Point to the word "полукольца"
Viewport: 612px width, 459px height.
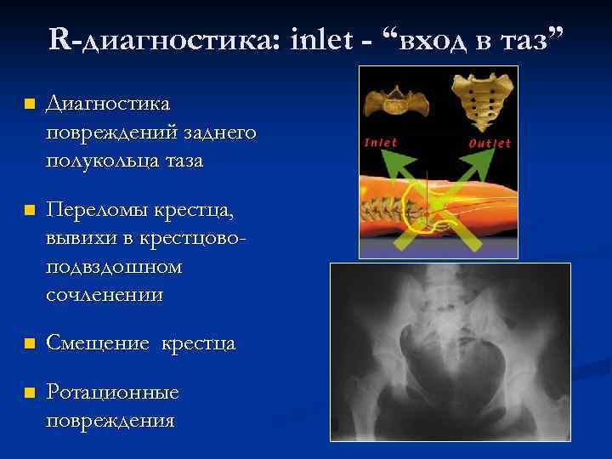click(103, 161)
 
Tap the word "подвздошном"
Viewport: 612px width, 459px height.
click(114, 267)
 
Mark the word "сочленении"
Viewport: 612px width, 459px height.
click(105, 295)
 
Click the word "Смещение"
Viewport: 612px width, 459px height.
click(92, 343)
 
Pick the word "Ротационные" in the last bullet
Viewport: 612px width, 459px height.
click(112, 393)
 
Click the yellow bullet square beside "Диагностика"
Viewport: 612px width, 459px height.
click(30, 105)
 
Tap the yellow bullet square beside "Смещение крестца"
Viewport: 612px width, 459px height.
click(30, 344)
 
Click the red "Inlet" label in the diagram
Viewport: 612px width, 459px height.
click(381, 142)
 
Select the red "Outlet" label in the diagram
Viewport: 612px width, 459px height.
click(490, 143)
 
